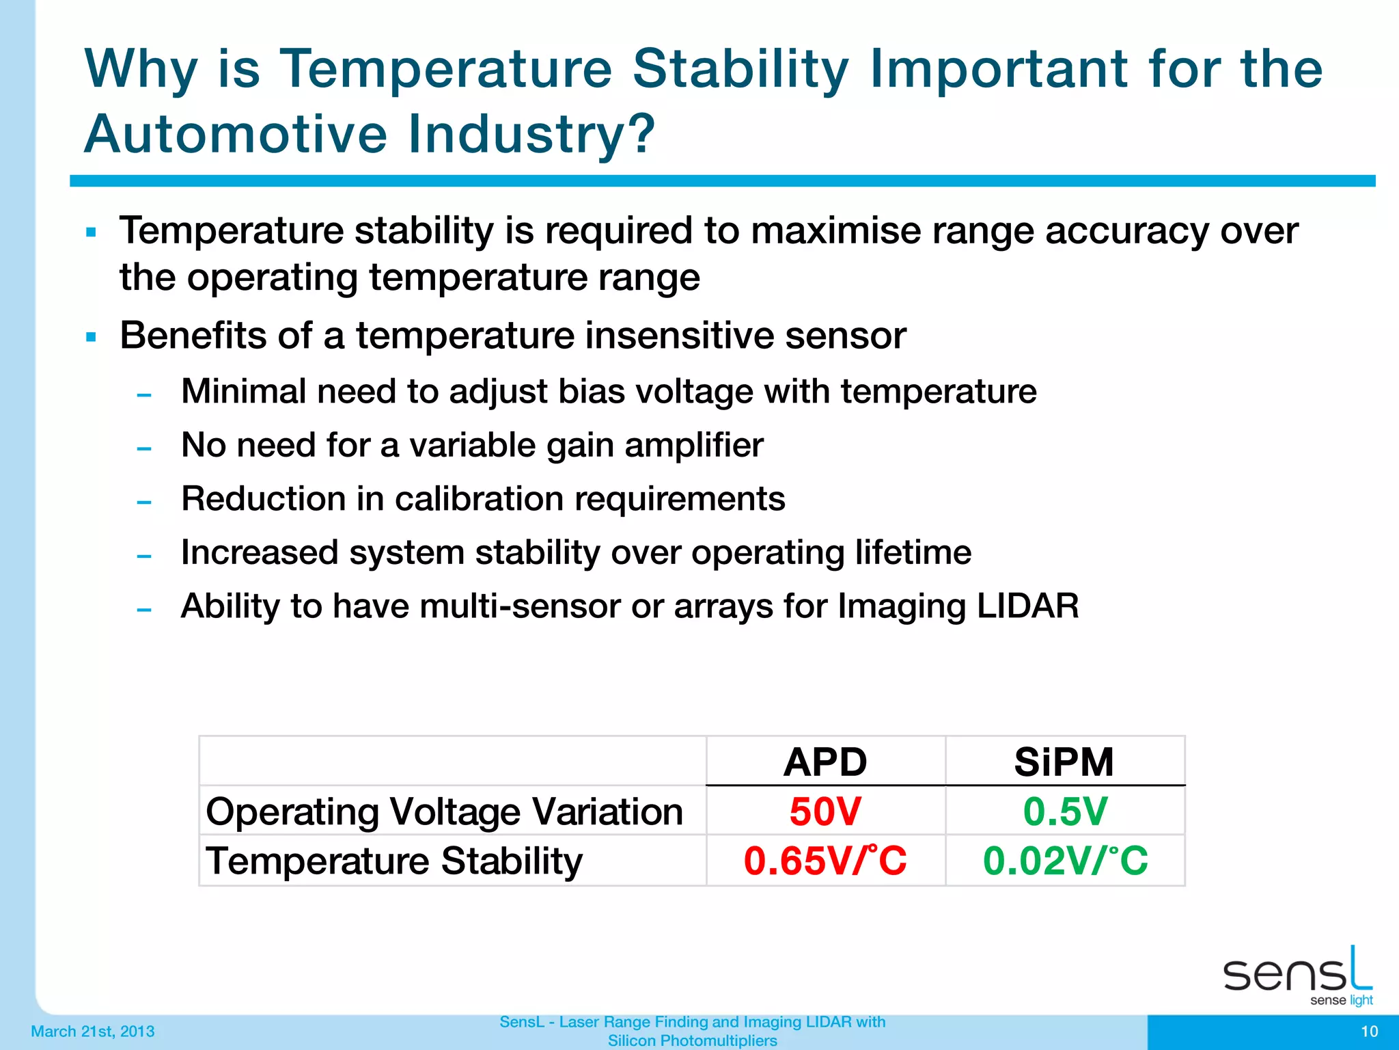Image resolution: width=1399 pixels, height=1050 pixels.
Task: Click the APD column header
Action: (825, 762)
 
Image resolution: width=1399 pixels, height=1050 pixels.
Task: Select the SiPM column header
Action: (1064, 762)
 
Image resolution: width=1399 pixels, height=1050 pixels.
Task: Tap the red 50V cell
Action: (825, 811)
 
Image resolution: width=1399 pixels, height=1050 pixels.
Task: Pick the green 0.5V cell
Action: (1064, 811)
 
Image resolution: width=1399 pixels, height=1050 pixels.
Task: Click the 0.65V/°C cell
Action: (825, 861)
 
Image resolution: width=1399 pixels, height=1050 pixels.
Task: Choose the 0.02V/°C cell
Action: (1065, 861)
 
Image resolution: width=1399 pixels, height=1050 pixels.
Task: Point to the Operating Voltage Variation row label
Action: (444, 812)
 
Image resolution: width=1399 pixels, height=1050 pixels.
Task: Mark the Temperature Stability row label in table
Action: (394, 861)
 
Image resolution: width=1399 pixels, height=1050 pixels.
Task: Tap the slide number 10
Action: (1369, 1032)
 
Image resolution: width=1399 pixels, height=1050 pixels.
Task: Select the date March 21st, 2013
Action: (93, 1032)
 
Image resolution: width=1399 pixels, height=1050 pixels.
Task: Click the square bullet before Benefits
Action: (91, 337)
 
